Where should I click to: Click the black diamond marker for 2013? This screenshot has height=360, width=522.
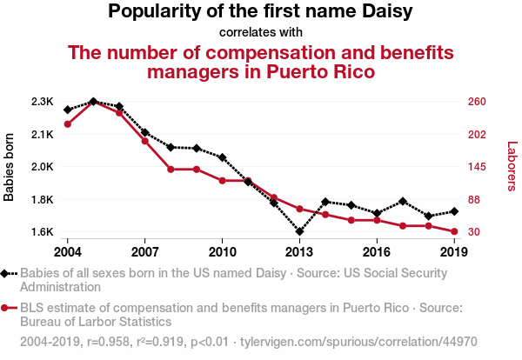pos(299,232)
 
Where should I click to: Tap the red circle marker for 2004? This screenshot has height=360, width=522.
pos(67,123)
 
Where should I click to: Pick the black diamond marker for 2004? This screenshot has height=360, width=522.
pos(67,110)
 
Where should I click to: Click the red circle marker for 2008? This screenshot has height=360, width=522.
pos(171,170)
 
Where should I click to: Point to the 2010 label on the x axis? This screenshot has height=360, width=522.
pos(222,252)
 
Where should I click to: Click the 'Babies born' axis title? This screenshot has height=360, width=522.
pos(10,167)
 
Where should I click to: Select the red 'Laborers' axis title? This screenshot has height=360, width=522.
pos(512,167)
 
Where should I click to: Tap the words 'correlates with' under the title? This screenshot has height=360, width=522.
pos(261,32)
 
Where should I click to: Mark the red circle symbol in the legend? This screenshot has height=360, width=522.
pos(8,308)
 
